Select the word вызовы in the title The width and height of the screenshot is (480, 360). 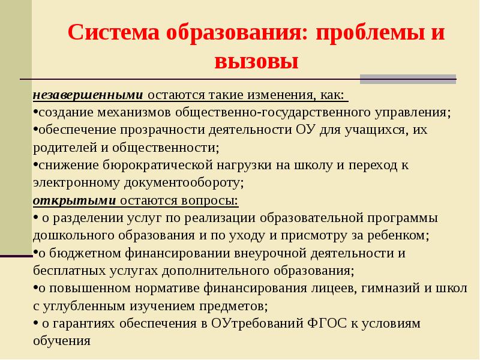[256, 61]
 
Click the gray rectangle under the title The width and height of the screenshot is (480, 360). [407, 79]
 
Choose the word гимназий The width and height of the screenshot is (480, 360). [389, 288]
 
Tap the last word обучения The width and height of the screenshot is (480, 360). [61, 341]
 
